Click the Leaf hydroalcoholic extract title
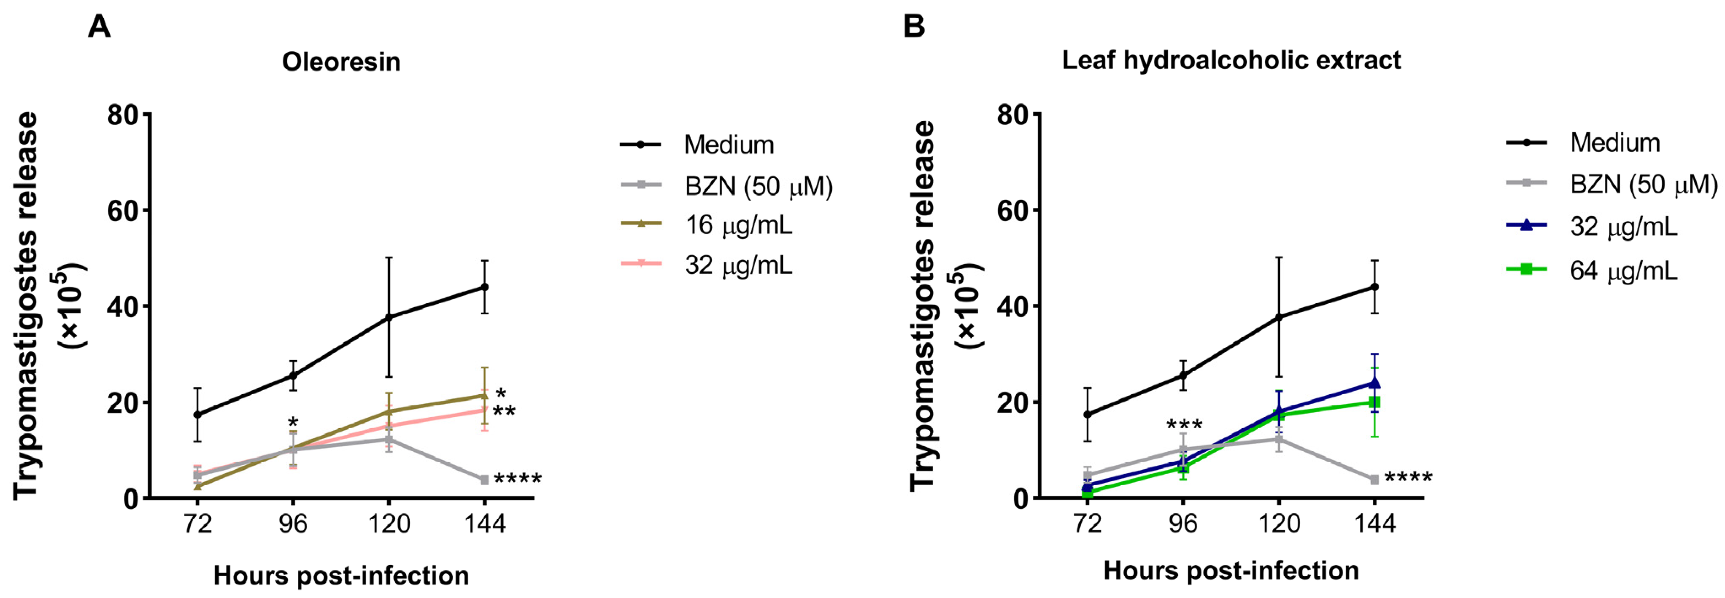[x=1231, y=60]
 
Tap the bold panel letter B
[x=914, y=27]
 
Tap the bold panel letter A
[x=99, y=27]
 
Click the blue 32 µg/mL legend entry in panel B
[x=1623, y=227]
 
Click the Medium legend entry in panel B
[x=1614, y=142]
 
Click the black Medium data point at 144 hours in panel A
[x=484, y=287]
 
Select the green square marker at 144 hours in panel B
[x=1374, y=402]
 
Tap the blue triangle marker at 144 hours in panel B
[x=1374, y=383]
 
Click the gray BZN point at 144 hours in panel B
[x=1374, y=480]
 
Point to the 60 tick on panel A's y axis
[x=122, y=211]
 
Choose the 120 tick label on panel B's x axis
[x=1279, y=523]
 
